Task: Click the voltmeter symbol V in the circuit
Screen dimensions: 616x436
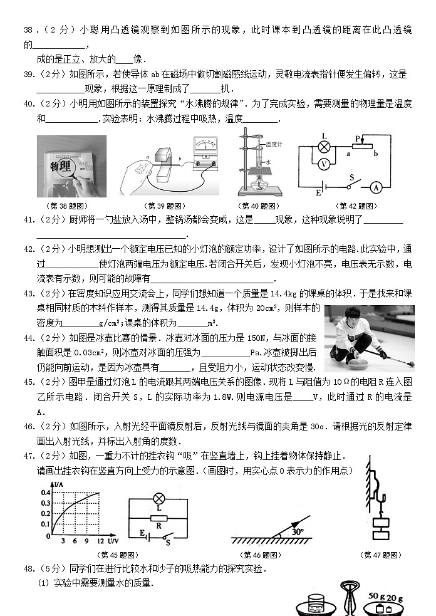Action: click(x=324, y=164)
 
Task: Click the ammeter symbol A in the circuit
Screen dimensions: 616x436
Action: click(x=393, y=186)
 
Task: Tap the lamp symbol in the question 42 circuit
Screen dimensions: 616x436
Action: click(x=324, y=147)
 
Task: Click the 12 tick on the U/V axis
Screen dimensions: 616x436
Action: click(x=100, y=540)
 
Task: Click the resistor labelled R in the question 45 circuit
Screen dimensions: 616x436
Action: click(x=159, y=518)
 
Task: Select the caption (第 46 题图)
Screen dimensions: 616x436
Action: click(x=260, y=555)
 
